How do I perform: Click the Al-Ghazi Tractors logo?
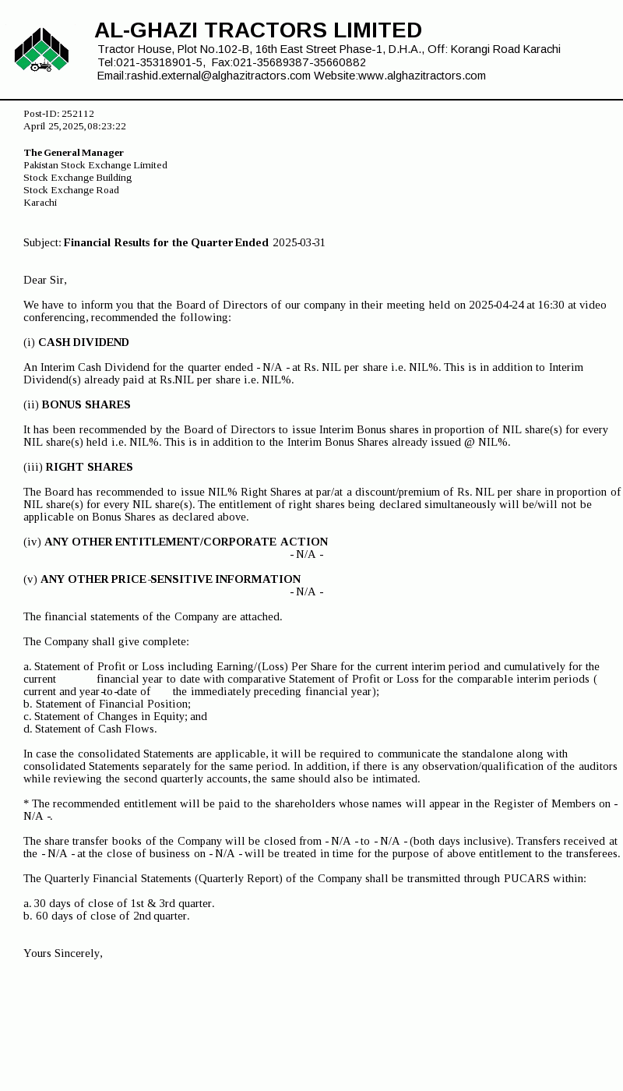pyautogui.click(x=41, y=51)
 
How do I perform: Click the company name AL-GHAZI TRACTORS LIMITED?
pyautogui.click(x=258, y=30)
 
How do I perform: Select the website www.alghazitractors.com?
pyautogui.click(x=421, y=76)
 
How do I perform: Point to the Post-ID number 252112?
pyautogui.click(x=78, y=114)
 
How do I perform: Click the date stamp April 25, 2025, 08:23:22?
pyautogui.click(x=75, y=126)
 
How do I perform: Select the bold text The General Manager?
pyautogui.click(x=74, y=153)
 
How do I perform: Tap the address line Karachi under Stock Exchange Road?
pyautogui.click(x=40, y=203)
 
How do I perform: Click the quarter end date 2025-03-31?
pyautogui.click(x=299, y=243)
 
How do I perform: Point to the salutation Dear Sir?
pyautogui.click(x=45, y=281)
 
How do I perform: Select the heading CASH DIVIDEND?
pyautogui.click(x=83, y=343)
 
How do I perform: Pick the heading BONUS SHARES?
pyautogui.click(x=86, y=405)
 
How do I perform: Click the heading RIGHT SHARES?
pyautogui.click(x=89, y=468)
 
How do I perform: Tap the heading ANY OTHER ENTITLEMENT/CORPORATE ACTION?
pyautogui.click(x=186, y=542)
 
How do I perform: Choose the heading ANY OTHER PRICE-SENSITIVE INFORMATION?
pyautogui.click(x=171, y=580)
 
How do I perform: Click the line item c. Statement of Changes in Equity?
pyautogui.click(x=115, y=717)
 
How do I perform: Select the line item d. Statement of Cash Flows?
pyautogui.click(x=90, y=729)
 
